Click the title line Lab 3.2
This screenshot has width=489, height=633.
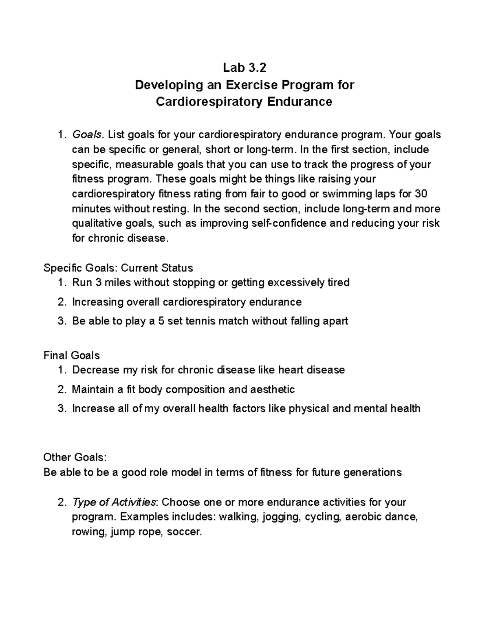244,67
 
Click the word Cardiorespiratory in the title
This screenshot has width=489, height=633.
209,101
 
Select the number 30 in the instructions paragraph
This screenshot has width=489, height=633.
420,194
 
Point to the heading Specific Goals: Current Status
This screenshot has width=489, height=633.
118,268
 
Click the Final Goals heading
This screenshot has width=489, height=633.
72,355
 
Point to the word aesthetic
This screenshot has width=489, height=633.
269,389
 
